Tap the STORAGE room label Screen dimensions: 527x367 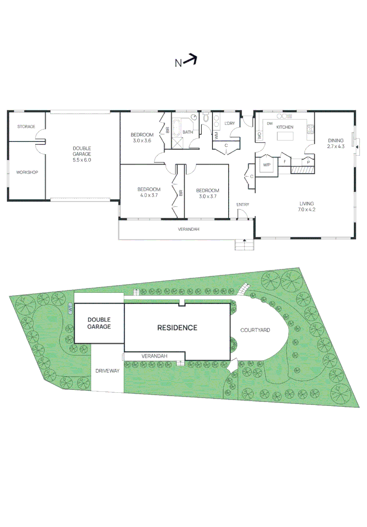(x=26, y=127)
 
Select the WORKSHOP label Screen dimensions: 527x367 (x=27, y=172)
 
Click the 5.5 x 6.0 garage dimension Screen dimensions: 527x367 (x=82, y=160)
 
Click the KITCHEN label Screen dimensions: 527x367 (x=285, y=127)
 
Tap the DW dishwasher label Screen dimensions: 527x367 (x=269, y=123)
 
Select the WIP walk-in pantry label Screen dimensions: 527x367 (x=267, y=165)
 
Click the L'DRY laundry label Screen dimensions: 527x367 (x=230, y=123)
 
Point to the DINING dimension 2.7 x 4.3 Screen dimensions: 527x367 (x=335, y=146)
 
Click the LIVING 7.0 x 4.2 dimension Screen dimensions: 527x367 (x=307, y=210)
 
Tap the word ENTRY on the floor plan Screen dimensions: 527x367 (x=243, y=204)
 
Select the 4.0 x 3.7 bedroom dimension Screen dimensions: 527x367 (x=149, y=196)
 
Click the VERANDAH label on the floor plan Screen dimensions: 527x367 (x=188, y=229)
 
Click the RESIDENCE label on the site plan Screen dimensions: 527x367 (x=177, y=328)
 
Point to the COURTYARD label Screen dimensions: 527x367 (x=255, y=330)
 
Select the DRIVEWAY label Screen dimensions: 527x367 (x=107, y=371)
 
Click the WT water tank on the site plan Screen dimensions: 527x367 (x=71, y=308)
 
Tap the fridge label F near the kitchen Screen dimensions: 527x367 (x=285, y=161)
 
